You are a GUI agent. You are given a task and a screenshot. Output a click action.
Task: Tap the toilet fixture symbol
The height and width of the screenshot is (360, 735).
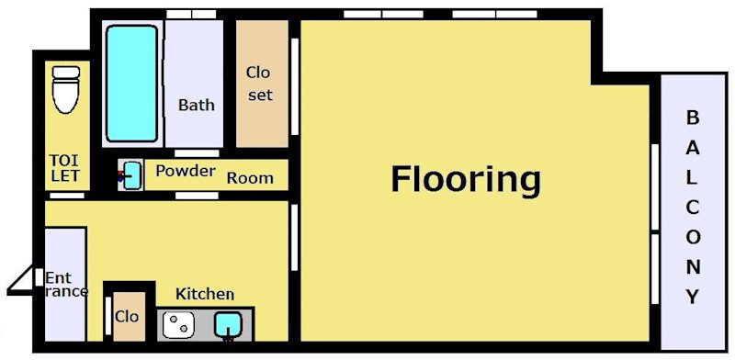click(65, 89)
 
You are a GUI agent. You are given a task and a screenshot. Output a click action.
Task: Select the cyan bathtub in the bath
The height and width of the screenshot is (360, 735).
click(131, 84)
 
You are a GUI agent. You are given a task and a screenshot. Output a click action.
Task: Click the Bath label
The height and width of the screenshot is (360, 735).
click(197, 105)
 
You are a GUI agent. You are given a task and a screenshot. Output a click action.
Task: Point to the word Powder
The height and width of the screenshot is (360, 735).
click(186, 171)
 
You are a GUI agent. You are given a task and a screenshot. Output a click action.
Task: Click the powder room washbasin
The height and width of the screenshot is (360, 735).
click(132, 175)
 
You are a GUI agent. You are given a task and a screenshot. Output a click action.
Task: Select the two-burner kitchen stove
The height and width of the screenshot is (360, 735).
click(178, 324)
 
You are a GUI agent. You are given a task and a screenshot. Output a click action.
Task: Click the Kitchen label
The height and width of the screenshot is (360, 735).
click(205, 294)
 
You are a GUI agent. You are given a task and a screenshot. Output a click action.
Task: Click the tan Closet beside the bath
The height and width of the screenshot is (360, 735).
click(262, 84)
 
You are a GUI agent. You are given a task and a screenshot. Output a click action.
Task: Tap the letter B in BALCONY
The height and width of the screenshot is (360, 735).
click(693, 118)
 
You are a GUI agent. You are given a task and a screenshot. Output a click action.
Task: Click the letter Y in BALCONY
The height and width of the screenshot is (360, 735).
click(693, 297)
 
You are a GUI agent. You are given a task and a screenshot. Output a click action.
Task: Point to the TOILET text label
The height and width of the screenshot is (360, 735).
click(65, 167)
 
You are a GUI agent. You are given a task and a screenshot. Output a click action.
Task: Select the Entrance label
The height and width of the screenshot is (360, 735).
click(66, 285)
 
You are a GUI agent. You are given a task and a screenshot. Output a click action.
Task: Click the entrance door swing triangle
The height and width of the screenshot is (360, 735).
click(21, 281)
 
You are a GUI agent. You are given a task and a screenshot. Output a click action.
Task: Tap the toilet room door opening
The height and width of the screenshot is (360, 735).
click(67, 195)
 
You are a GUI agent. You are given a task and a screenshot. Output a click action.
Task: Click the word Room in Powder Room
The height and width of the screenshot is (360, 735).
click(250, 178)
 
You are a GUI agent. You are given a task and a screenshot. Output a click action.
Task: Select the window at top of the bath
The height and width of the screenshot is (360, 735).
click(191, 14)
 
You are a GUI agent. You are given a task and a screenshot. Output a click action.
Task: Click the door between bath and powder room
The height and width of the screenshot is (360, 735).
click(197, 153)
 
